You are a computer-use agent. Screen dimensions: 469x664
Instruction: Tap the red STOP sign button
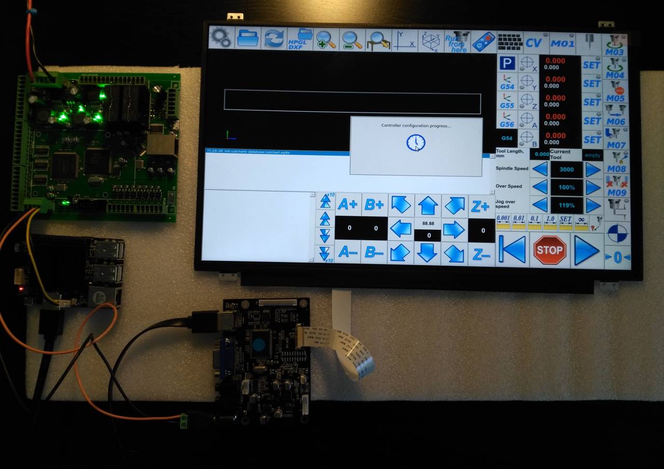(x=549, y=250)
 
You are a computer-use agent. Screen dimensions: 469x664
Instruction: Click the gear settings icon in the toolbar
(x=222, y=38)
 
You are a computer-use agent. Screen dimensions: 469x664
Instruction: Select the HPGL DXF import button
(x=300, y=39)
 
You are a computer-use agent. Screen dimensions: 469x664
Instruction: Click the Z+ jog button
(x=480, y=206)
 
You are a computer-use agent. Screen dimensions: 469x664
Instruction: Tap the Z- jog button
(x=481, y=254)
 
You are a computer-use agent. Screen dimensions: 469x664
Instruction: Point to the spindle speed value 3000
(x=566, y=170)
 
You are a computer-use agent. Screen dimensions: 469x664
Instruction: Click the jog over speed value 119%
(x=566, y=205)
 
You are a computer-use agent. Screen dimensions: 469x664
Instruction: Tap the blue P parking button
(x=506, y=64)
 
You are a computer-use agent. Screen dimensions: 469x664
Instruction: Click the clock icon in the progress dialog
(x=416, y=142)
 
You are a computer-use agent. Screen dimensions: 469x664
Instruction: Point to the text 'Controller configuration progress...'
(x=416, y=126)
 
